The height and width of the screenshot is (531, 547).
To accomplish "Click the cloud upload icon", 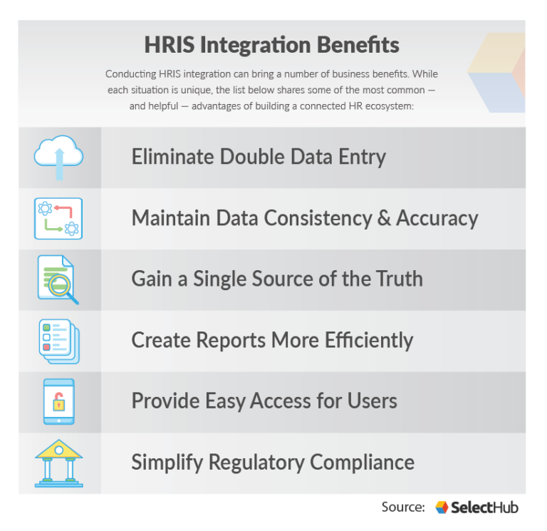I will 58,158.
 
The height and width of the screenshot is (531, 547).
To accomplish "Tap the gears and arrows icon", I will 58,218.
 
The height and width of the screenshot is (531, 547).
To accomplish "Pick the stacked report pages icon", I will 58,341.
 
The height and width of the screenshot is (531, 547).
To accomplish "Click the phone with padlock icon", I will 58,401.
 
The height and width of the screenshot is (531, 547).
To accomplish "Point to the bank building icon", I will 58,463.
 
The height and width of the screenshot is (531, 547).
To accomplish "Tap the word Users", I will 372,401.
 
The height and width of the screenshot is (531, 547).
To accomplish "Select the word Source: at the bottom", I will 403,507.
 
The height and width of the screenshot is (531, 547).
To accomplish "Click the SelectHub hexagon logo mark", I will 442,507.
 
